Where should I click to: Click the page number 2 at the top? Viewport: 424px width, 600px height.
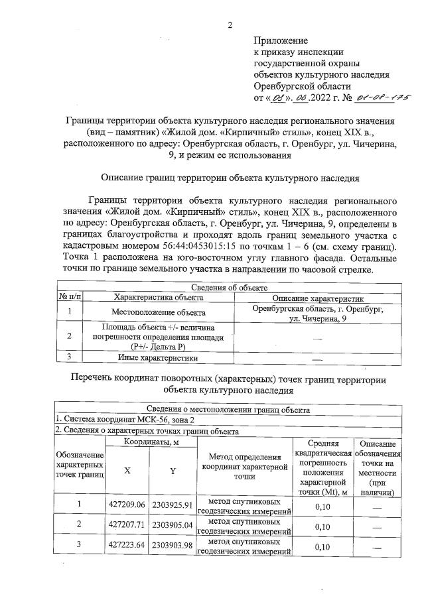(x=230, y=26)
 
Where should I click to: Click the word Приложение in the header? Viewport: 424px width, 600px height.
(x=282, y=40)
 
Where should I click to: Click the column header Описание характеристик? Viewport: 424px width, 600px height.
(x=317, y=298)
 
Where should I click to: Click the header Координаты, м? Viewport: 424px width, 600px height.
(x=150, y=442)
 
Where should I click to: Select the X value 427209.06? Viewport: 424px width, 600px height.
(x=127, y=505)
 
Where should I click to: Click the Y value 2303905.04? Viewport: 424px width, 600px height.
(x=172, y=526)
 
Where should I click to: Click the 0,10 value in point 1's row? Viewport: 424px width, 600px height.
(x=322, y=507)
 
